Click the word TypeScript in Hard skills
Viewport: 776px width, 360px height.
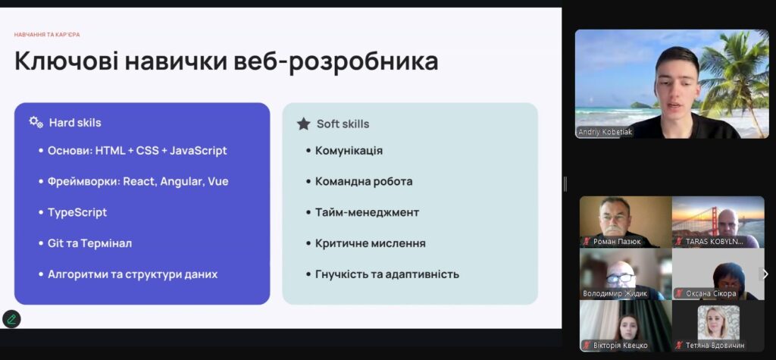tap(77, 212)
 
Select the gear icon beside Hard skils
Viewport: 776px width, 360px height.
tap(36, 122)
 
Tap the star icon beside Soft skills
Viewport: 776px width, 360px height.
tap(303, 124)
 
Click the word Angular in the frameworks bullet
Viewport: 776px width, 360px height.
tap(182, 182)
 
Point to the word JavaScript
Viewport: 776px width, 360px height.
tap(198, 151)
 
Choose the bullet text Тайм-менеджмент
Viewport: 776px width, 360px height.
tap(368, 212)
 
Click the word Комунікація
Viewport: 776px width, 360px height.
tap(349, 151)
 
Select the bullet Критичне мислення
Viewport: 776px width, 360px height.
tap(370, 243)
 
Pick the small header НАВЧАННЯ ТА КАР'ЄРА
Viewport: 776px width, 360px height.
tap(47, 35)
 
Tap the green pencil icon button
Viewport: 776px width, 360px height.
tap(11, 319)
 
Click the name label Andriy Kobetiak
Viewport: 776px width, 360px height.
tap(605, 132)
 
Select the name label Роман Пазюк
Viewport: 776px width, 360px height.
tap(616, 242)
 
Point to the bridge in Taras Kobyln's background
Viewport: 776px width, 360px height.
tap(694, 221)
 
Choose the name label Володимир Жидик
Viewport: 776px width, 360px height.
tap(615, 293)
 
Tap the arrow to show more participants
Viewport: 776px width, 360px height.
tap(765, 274)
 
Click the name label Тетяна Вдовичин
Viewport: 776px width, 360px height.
tap(715, 346)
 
